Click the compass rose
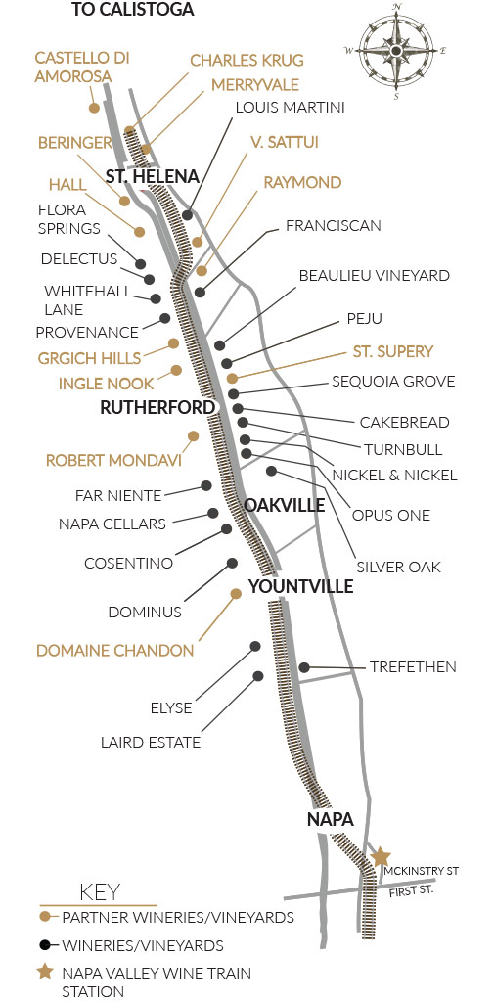click(x=395, y=50)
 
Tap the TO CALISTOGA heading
click(x=133, y=11)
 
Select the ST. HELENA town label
click(x=153, y=176)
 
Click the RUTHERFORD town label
click(x=157, y=407)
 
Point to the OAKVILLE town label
click(x=285, y=505)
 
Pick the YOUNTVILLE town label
click(x=300, y=586)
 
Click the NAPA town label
click(x=330, y=818)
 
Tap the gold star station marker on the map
click(x=381, y=857)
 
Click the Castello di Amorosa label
click(x=82, y=68)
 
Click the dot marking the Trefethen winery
click(x=304, y=667)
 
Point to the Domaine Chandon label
click(x=114, y=650)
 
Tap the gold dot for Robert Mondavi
click(x=193, y=435)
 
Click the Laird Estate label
click(x=150, y=742)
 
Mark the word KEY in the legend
click(x=99, y=891)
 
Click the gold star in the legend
click(x=45, y=972)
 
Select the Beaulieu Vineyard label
click(x=374, y=276)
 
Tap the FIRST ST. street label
click(x=407, y=890)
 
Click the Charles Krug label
click(x=247, y=61)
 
